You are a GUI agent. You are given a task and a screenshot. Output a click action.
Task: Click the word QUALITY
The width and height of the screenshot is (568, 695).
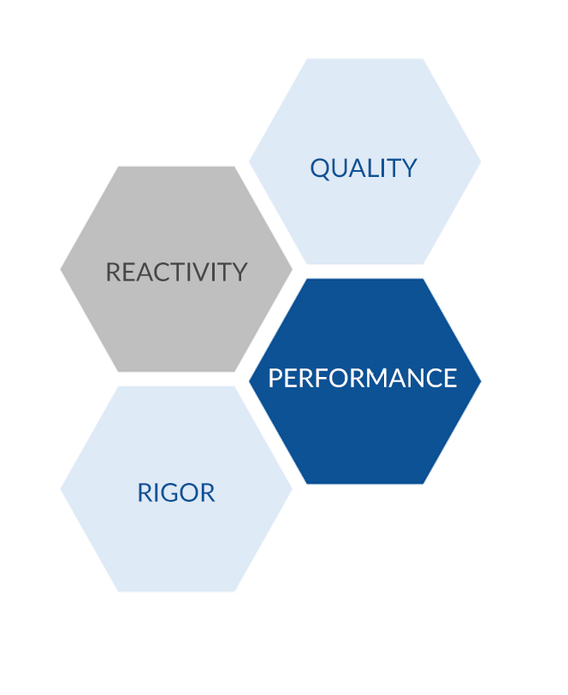tap(364, 168)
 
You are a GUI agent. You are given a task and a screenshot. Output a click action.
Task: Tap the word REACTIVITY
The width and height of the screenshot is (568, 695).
tap(176, 272)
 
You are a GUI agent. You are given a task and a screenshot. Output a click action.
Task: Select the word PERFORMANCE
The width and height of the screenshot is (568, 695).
tap(363, 378)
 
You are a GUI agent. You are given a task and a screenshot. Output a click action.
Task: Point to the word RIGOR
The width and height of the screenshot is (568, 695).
tap(176, 492)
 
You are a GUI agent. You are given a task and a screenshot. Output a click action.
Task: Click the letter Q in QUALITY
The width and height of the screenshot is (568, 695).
tap(320, 169)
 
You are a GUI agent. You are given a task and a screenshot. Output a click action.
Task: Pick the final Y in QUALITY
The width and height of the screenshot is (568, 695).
tap(408, 168)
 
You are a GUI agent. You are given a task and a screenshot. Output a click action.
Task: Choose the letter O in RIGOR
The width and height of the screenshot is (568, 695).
tap(189, 492)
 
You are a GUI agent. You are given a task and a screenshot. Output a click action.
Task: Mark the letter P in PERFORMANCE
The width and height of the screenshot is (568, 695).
tap(275, 378)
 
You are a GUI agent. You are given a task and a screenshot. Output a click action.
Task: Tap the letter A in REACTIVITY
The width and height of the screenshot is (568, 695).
tap(139, 272)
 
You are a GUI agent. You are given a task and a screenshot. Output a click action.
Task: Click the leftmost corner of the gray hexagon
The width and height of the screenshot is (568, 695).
tap(61, 269)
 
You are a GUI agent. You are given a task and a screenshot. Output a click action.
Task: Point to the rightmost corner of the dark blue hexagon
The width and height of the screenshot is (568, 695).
tap(481, 380)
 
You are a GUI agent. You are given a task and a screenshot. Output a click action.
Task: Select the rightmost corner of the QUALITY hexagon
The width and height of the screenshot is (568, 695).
tap(481, 162)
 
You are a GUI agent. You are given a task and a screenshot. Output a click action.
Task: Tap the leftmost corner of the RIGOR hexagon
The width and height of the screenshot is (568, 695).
tap(61, 489)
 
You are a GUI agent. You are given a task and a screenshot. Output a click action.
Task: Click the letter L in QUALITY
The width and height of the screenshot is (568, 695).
tap(374, 168)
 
